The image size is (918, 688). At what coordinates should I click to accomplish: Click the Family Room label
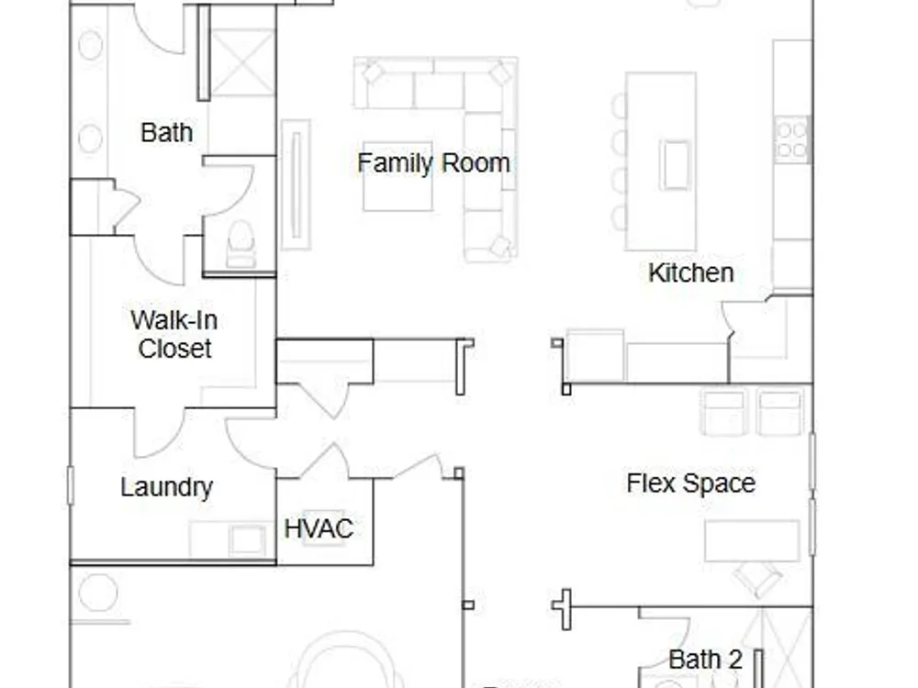[x=433, y=163]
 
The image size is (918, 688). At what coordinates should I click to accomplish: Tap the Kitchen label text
[x=691, y=272]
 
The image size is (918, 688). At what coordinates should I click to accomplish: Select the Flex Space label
[x=691, y=483]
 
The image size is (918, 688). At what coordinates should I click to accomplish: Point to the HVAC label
[x=319, y=529]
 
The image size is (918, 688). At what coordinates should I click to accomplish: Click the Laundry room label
[x=167, y=487]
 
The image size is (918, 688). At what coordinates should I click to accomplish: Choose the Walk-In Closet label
[x=174, y=334]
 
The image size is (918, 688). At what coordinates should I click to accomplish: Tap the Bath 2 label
[x=705, y=660]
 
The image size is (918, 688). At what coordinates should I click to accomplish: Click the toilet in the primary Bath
[x=241, y=244]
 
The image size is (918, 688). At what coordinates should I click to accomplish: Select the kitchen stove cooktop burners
[x=792, y=139]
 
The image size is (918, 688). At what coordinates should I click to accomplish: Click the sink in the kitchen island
[x=675, y=164]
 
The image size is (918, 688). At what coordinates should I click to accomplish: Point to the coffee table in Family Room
[x=397, y=176]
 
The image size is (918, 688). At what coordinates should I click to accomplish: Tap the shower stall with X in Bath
[x=242, y=62]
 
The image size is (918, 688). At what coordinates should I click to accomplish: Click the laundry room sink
[x=246, y=538]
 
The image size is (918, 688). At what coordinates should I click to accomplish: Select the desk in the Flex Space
[x=752, y=540]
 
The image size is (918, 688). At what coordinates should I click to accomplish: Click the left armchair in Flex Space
[x=724, y=413]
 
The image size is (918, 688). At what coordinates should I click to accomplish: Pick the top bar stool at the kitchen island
[x=619, y=105]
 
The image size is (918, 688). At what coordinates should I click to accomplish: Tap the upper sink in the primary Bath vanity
[x=90, y=44]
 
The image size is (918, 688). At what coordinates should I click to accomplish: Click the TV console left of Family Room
[x=296, y=185]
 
